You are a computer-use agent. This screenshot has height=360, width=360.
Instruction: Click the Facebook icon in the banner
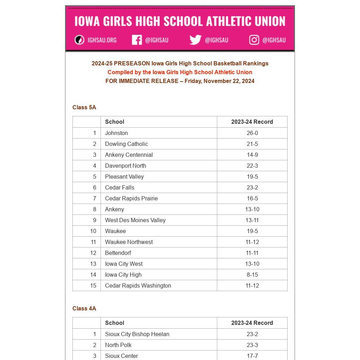click(137, 40)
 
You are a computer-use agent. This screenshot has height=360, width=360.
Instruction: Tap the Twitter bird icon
click(195, 40)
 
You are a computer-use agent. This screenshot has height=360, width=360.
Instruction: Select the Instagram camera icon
click(254, 40)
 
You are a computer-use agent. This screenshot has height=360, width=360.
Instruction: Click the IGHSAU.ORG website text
click(102, 40)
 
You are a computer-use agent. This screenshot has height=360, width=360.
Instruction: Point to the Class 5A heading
click(84, 107)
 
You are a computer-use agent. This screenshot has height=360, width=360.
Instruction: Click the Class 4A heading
click(84, 308)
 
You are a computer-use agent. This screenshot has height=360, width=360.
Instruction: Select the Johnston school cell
click(116, 133)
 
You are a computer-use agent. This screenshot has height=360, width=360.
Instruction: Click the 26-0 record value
click(252, 133)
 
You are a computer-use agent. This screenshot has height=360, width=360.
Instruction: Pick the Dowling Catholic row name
click(127, 144)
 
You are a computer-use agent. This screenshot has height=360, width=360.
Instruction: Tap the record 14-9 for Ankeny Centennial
click(252, 155)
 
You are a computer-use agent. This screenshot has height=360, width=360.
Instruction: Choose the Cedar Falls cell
click(120, 187)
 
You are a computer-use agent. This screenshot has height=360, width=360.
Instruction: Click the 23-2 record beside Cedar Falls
click(252, 187)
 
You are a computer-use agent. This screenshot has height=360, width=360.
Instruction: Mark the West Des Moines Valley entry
click(135, 220)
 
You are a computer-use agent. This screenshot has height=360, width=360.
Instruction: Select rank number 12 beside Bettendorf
click(93, 253)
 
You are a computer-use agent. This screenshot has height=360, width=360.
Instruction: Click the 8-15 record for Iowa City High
click(252, 275)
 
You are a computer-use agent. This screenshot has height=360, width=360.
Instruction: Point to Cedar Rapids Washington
click(138, 285)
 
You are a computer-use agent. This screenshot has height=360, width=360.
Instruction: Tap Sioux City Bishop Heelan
click(137, 334)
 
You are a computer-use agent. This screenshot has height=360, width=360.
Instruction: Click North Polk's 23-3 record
click(252, 345)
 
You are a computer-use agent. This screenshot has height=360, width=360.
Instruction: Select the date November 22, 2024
click(229, 81)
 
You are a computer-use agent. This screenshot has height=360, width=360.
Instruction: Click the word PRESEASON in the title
click(132, 63)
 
